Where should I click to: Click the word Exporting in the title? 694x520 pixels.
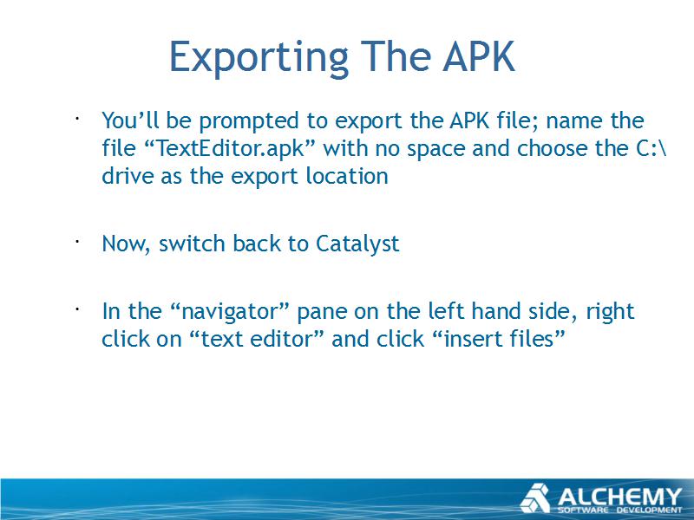tap(259, 56)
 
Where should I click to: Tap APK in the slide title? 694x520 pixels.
tap(479, 56)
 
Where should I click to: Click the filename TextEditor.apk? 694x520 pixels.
tap(230, 147)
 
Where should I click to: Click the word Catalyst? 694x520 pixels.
tap(357, 244)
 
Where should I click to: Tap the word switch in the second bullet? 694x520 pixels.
tap(192, 244)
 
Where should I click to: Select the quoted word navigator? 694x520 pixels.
tap(230, 311)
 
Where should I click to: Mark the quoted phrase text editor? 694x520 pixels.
tap(256, 339)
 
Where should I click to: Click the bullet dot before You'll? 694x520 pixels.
tap(77, 119)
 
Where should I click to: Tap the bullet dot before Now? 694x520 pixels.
tap(77, 242)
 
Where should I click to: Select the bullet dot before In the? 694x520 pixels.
tap(77, 309)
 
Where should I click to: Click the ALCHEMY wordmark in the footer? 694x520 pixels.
tap(619, 496)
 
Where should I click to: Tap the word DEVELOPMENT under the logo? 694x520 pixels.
tap(650, 510)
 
